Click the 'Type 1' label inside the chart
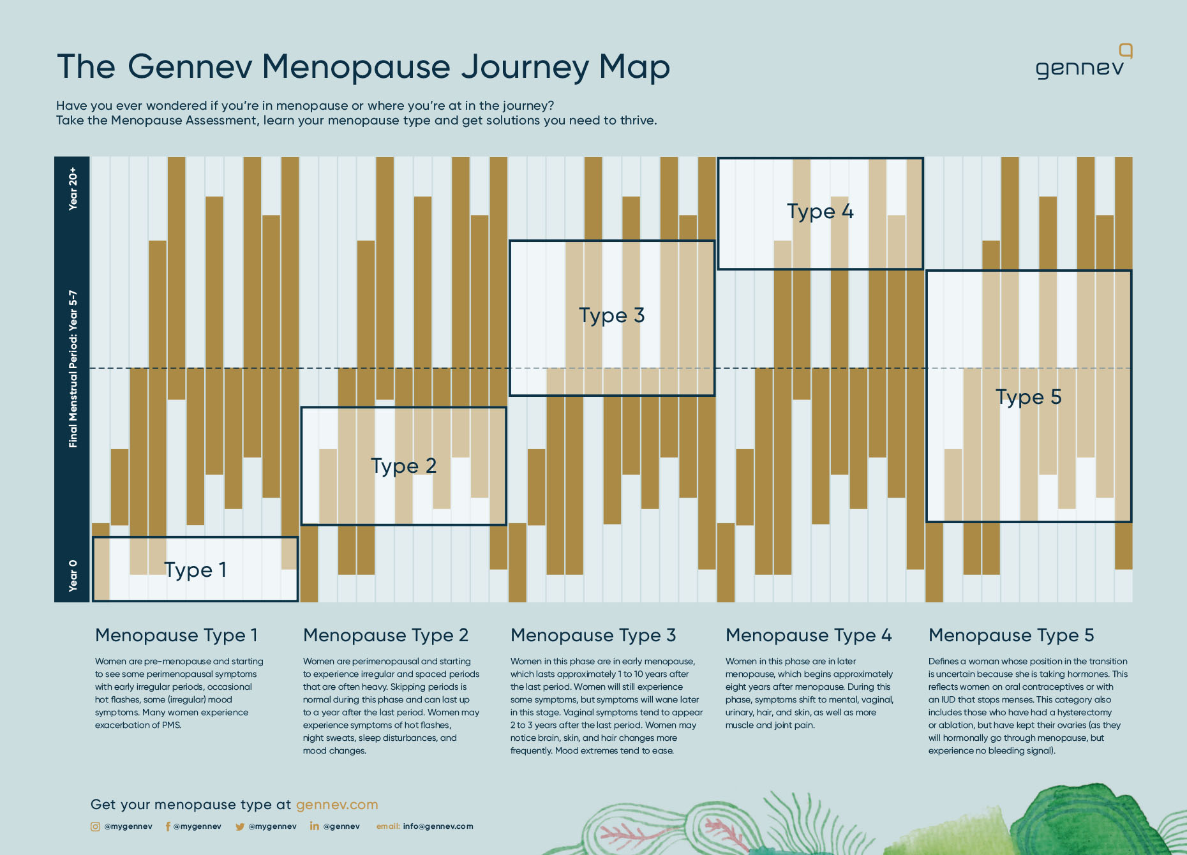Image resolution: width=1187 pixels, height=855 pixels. point(195,569)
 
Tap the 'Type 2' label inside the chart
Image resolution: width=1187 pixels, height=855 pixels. point(403,466)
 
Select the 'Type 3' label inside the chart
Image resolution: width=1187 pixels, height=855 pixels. point(611,315)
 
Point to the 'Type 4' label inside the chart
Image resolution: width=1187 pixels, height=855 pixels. point(820,211)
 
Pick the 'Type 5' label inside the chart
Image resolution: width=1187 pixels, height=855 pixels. point(1028,397)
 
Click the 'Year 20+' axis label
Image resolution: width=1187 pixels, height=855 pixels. point(73,188)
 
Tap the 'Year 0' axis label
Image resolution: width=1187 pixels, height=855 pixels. point(73,576)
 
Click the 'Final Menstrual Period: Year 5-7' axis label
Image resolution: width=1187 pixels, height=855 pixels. point(73,369)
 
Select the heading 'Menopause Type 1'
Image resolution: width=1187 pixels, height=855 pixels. point(176,636)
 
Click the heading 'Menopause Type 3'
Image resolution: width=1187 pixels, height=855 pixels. point(593,636)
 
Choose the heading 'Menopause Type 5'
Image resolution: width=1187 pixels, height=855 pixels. point(1011,636)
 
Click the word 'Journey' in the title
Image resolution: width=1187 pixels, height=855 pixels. point(525,68)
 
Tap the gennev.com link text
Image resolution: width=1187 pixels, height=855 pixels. point(337,805)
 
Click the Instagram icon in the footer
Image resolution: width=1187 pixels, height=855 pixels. point(95,826)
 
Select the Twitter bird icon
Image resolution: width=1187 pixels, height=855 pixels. point(240,826)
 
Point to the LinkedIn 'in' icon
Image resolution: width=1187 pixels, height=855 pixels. point(314,826)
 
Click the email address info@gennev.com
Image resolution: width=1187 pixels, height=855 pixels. point(438,826)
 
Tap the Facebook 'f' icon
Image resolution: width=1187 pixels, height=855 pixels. point(168,826)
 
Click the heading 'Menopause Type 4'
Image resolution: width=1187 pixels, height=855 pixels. point(809,636)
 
